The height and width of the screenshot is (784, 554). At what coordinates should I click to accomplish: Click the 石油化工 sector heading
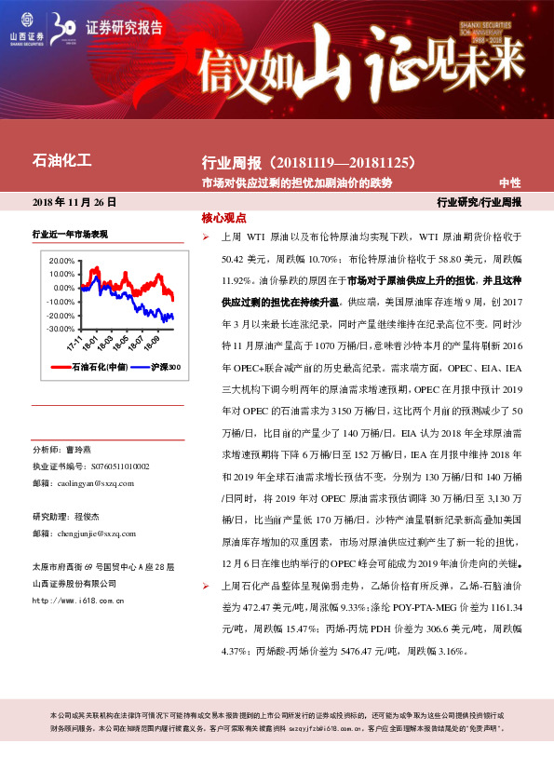click(x=61, y=161)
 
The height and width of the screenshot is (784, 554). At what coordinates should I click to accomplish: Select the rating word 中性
click(x=510, y=183)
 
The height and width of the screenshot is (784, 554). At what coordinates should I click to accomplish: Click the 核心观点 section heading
click(x=223, y=218)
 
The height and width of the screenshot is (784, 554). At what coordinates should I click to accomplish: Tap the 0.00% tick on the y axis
click(x=62, y=289)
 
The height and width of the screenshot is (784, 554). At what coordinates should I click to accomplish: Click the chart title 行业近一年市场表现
click(x=70, y=234)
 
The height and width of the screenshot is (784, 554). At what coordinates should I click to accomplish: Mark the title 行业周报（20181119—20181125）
click(x=307, y=163)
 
